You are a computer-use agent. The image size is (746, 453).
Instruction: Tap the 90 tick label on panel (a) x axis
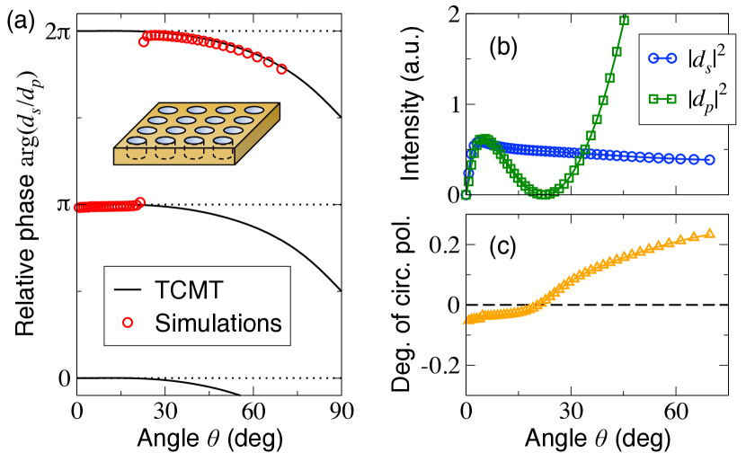pyautogui.click(x=340, y=413)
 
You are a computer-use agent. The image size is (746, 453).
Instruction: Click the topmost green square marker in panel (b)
pyautogui.click(x=625, y=20)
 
